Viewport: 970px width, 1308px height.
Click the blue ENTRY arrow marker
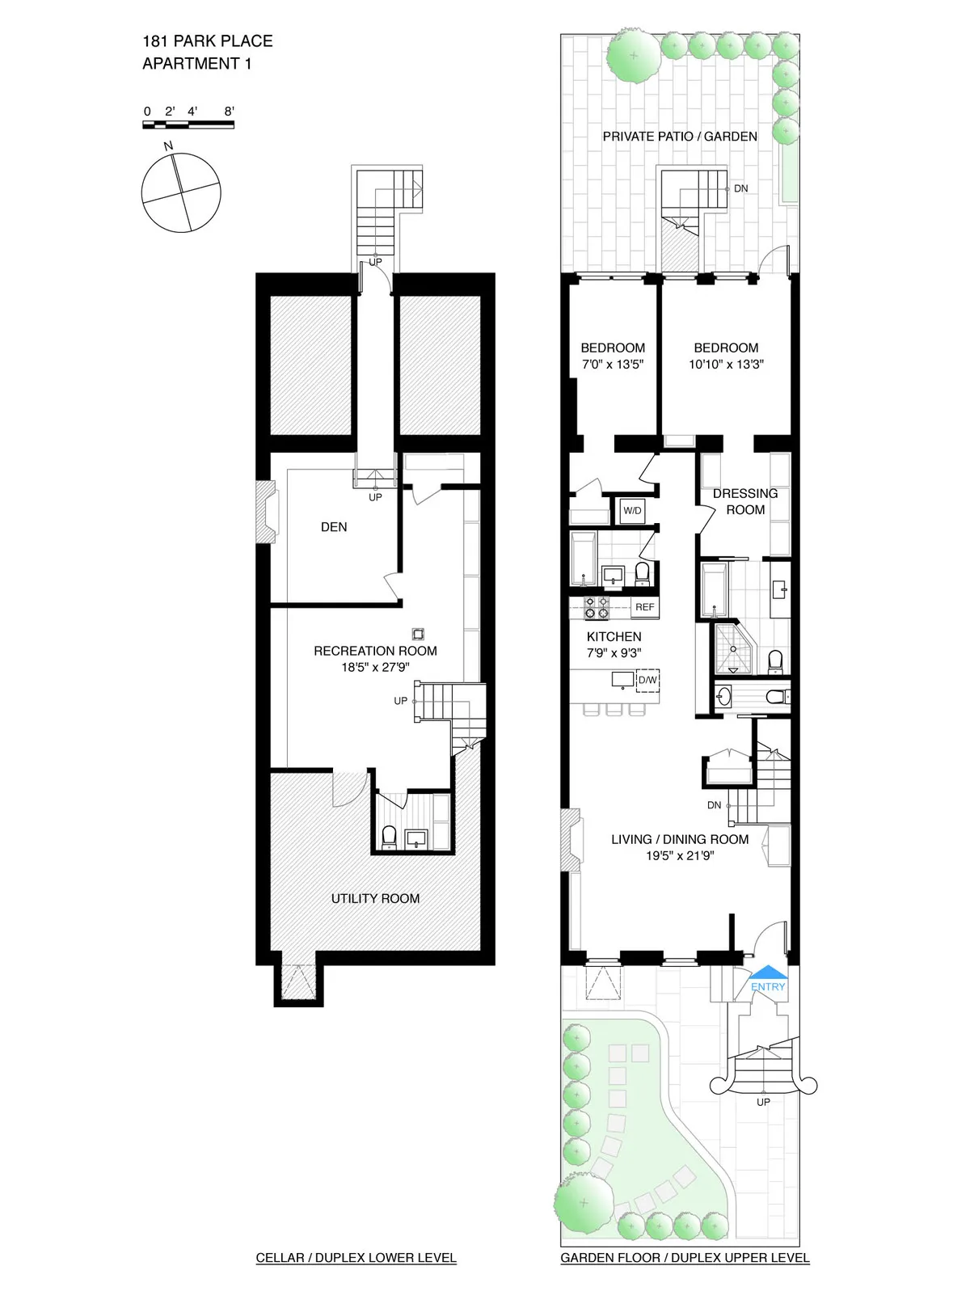point(767,973)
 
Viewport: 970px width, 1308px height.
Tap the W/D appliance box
point(632,511)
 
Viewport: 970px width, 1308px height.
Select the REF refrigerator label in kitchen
point(644,607)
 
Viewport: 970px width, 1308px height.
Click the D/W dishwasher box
point(647,681)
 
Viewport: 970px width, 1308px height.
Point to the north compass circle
point(181,192)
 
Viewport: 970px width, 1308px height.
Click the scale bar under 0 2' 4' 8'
point(188,124)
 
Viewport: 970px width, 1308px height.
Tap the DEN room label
point(334,527)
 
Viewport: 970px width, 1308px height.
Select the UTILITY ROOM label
point(375,898)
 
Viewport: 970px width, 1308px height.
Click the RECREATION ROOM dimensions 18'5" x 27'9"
point(375,668)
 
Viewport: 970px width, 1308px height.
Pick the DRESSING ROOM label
point(745,501)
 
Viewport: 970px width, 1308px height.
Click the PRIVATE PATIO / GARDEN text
point(680,137)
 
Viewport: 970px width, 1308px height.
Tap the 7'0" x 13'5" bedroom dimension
point(613,365)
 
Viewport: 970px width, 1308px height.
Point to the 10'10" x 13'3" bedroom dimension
point(726,365)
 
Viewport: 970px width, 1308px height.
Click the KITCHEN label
point(614,637)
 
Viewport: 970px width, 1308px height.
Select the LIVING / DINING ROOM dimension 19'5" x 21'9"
point(680,856)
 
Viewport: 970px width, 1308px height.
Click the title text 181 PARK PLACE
point(208,41)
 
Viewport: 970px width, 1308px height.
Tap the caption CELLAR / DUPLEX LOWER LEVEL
point(356,1258)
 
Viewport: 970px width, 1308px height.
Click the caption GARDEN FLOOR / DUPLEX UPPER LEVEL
point(685,1258)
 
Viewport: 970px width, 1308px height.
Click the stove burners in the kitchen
point(597,607)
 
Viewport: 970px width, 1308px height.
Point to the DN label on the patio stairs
point(740,188)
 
